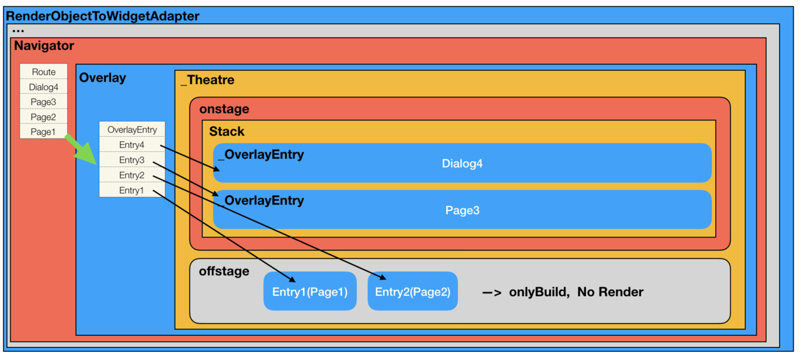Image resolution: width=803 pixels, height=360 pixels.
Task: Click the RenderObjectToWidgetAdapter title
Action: [102, 16]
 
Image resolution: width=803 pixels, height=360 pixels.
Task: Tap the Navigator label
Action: [44, 46]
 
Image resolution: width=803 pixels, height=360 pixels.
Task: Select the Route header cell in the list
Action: [44, 72]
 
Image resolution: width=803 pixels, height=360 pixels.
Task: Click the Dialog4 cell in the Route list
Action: [44, 87]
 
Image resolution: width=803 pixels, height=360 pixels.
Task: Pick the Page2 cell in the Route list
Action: [44, 117]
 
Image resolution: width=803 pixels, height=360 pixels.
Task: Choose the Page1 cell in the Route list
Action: [44, 132]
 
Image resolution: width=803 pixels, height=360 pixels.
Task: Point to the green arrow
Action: [82, 149]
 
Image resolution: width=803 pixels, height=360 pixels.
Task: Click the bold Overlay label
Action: [102, 78]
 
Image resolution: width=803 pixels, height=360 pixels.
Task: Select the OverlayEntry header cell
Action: [132, 130]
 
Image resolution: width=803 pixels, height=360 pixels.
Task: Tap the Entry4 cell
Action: [132, 145]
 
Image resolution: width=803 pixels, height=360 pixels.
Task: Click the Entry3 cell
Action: [132, 160]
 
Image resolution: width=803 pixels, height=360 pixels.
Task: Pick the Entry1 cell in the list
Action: [132, 190]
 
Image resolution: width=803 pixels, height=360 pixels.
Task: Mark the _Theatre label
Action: [207, 80]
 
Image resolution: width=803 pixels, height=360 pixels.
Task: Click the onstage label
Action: [224, 109]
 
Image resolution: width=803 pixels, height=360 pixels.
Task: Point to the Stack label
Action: [226, 132]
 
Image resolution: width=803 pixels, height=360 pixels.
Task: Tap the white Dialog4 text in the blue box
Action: [462, 164]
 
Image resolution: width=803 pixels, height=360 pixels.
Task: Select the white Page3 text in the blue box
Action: [462, 210]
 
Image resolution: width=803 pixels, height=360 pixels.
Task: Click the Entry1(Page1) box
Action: [310, 292]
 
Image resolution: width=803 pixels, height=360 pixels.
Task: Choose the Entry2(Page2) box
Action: [413, 292]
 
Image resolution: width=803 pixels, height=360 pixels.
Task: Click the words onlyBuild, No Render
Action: [576, 292]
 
